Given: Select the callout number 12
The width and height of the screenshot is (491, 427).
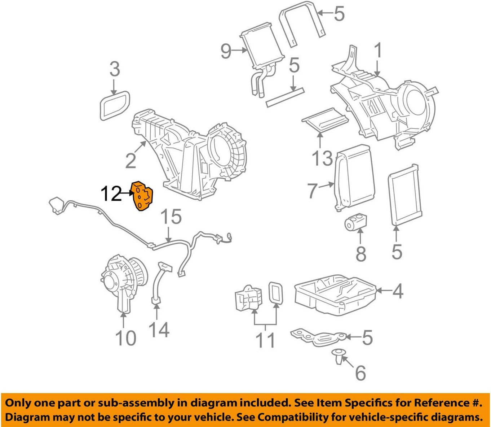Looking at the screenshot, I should tap(111, 194).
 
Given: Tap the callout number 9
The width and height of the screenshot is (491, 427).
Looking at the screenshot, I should tap(226, 51).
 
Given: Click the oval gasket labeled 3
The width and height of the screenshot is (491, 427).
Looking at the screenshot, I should tap(114, 104).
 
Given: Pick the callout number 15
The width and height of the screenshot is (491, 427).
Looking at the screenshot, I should tap(171, 217).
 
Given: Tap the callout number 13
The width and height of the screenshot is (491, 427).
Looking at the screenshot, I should tap(322, 158).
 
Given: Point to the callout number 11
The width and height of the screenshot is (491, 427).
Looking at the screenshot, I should tap(265, 340).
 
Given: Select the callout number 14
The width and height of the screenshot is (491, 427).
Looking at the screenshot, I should tap(159, 329).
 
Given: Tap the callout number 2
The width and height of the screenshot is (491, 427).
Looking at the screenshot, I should tap(131, 161).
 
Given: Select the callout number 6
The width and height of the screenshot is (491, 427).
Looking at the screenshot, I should tap(360, 373).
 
